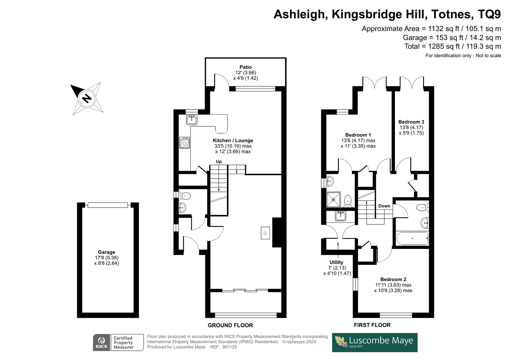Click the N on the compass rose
(86, 98)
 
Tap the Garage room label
(106, 252)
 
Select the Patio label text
(245, 67)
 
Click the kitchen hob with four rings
(185, 143)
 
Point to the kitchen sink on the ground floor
(192, 120)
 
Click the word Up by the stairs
(219, 162)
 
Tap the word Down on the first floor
(384, 206)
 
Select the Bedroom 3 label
(411, 122)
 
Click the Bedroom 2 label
(393, 279)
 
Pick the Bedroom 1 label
(358, 135)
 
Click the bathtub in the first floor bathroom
(412, 238)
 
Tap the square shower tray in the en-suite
(333, 200)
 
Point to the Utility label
(336, 262)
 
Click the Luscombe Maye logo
(375, 342)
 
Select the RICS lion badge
(102, 342)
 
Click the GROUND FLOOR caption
(230, 325)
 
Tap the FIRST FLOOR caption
(372, 325)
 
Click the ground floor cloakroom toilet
(185, 195)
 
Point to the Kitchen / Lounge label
(233, 141)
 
